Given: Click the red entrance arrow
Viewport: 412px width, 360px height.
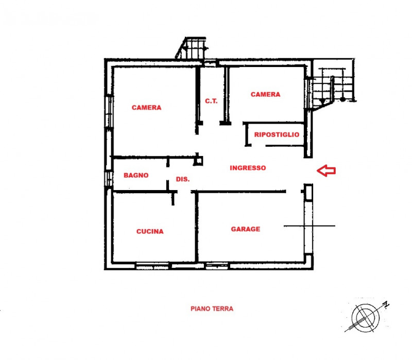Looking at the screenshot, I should click(x=326, y=170).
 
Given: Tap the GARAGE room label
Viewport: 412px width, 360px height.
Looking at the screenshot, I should click(x=245, y=229).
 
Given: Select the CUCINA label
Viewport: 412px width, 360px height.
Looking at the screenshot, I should click(x=150, y=231).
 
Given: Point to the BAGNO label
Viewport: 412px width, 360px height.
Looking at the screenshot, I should click(x=136, y=175).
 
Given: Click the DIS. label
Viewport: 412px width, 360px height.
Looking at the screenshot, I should click(x=183, y=179).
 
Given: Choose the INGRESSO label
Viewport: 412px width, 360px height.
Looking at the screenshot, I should click(x=248, y=168).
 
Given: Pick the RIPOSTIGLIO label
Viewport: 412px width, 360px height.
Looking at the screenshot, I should click(x=277, y=134).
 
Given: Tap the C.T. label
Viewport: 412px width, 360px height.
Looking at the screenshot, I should click(x=212, y=101).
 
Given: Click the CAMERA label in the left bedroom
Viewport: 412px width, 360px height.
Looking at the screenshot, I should click(x=146, y=108).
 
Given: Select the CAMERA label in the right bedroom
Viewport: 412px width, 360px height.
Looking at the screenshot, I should click(x=265, y=94).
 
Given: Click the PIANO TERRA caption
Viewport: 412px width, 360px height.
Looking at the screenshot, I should click(x=212, y=309).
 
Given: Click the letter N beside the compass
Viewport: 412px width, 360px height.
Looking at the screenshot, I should click(x=386, y=305).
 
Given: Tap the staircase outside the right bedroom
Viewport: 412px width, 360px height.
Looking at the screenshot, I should click(x=332, y=88).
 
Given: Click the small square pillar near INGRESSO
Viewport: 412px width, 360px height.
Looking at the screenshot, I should click(x=199, y=161).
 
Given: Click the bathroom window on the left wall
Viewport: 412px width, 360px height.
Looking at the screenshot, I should click(x=109, y=178).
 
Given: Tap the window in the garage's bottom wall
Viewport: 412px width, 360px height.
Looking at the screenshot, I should click(x=213, y=266).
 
